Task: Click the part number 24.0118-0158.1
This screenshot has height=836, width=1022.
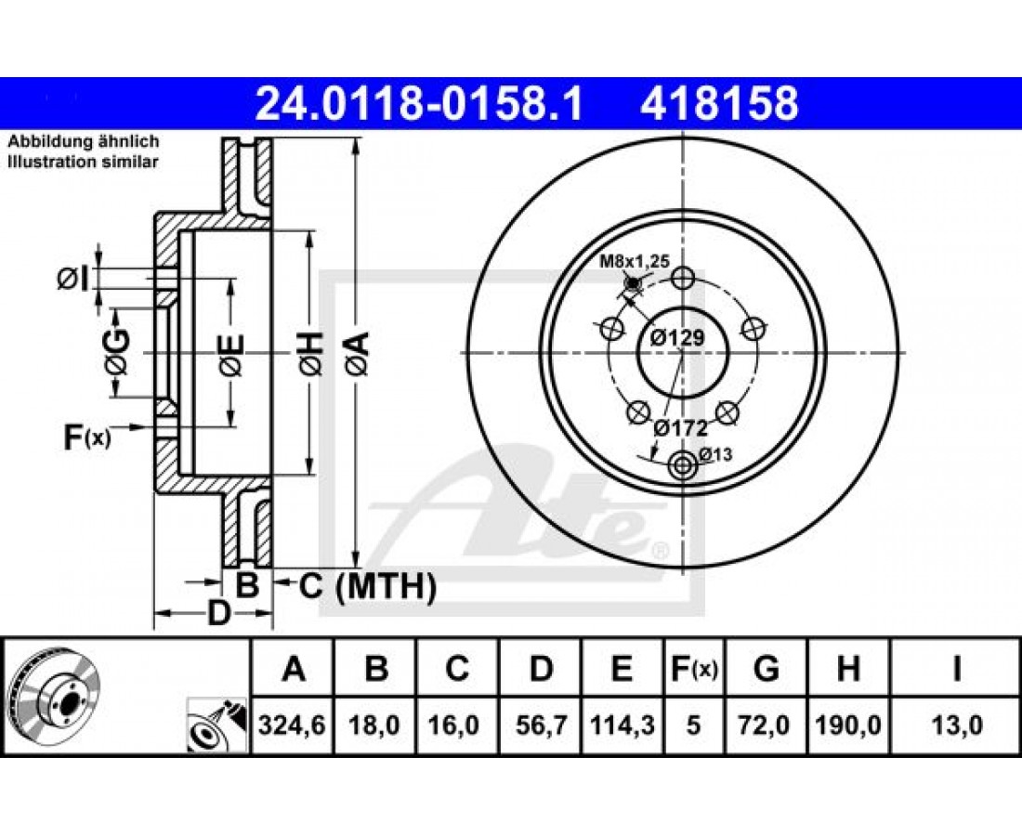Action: (x=418, y=104)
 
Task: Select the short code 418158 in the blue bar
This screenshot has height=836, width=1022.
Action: (x=719, y=104)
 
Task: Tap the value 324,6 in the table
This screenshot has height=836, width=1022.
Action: (x=292, y=725)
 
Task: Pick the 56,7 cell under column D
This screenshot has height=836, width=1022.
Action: (x=541, y=725)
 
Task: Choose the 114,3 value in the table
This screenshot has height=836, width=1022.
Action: (x=622, y=725)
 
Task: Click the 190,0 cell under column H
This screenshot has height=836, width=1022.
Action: (x=848, y=725)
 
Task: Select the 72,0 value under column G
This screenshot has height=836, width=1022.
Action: (x=766, y=725)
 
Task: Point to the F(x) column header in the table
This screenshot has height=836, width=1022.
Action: (x=693, y=669)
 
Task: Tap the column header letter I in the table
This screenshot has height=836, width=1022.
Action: (x=957, y=669)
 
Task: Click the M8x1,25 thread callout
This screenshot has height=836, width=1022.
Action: (x=635, y=262)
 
